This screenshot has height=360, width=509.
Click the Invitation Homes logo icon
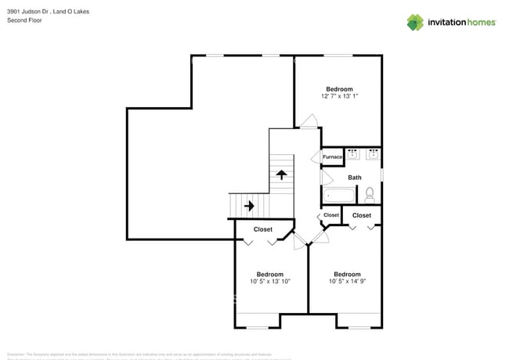click(415, 22)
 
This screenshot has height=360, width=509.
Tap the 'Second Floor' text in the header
click(24, 20)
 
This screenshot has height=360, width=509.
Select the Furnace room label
click(332, 157)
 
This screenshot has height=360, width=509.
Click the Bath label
click(355, 178)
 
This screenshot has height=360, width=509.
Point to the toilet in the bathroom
click(370, 193)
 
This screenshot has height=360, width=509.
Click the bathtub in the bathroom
click(340, 195)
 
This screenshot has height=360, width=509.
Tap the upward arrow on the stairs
click(280, 175)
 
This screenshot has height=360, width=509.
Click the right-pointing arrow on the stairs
click(248, 206)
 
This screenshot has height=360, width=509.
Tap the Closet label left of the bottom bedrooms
click(262, 229)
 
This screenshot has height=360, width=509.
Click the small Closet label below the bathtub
click(331, 215)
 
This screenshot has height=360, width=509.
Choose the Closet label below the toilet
click(362, 215)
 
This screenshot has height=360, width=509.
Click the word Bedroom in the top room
click(339, 88)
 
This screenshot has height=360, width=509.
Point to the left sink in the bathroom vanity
click(352, 154)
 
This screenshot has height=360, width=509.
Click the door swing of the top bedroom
click(309, 121)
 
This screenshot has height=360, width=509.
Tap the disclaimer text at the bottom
click(149, 355)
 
